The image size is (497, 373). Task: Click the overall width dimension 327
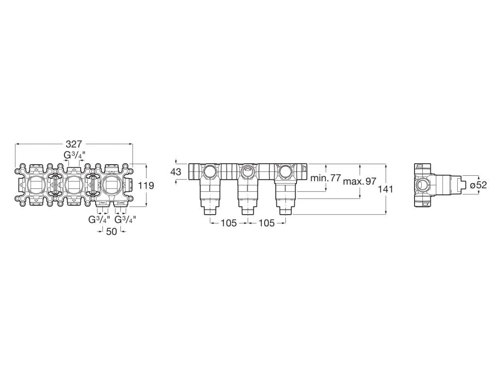click(x=74, y=144)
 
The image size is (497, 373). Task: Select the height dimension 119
click(x=146, y=186)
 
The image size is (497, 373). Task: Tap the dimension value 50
click(x=112, y=232)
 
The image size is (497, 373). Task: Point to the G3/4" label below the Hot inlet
click(x=99, y=219)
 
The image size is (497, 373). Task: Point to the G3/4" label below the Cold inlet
click(x=125, y=219)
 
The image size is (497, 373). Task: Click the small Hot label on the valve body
click(x=102, y=202)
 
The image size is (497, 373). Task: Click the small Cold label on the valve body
click(x=120, y=202)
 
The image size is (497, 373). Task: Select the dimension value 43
click(x=176, y=172)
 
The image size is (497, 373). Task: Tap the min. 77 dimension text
click(x=326, y=178)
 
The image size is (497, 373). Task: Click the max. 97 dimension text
click(x=360, y=181)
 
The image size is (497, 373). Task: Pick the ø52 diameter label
click(x=478, y=185)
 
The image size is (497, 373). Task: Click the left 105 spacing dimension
click(x=229, y=223)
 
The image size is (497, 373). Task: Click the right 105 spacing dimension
click(x=266, y=223)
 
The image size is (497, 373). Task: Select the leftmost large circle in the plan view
click(x=36, y=185)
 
